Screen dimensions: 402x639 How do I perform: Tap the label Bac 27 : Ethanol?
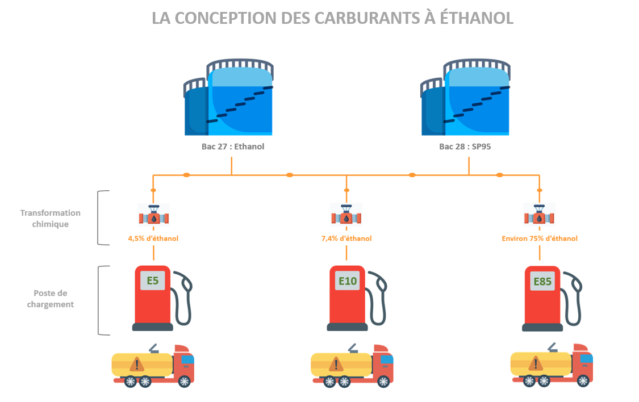[x=233, y=146]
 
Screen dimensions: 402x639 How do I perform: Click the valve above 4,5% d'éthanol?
[x=153, y=217]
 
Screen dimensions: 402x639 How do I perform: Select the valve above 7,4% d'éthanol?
[x=346, y=217]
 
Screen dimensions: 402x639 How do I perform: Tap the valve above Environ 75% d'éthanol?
[x=539, y=217]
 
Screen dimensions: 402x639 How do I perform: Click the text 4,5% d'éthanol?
[x=153, y=238]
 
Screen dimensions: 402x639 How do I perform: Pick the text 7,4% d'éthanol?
[x=346, y=238]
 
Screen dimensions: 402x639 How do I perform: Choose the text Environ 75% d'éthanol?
[x=540, y=238]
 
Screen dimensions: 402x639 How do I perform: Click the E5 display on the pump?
[x=153, y=280]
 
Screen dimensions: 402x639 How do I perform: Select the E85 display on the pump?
[x=541, y=280]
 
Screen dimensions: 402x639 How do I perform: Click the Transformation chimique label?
[x=51, y=219]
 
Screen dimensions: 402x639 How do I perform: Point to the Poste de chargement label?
[x=51, y=299]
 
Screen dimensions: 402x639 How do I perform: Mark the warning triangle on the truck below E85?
[x=534, y=363]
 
